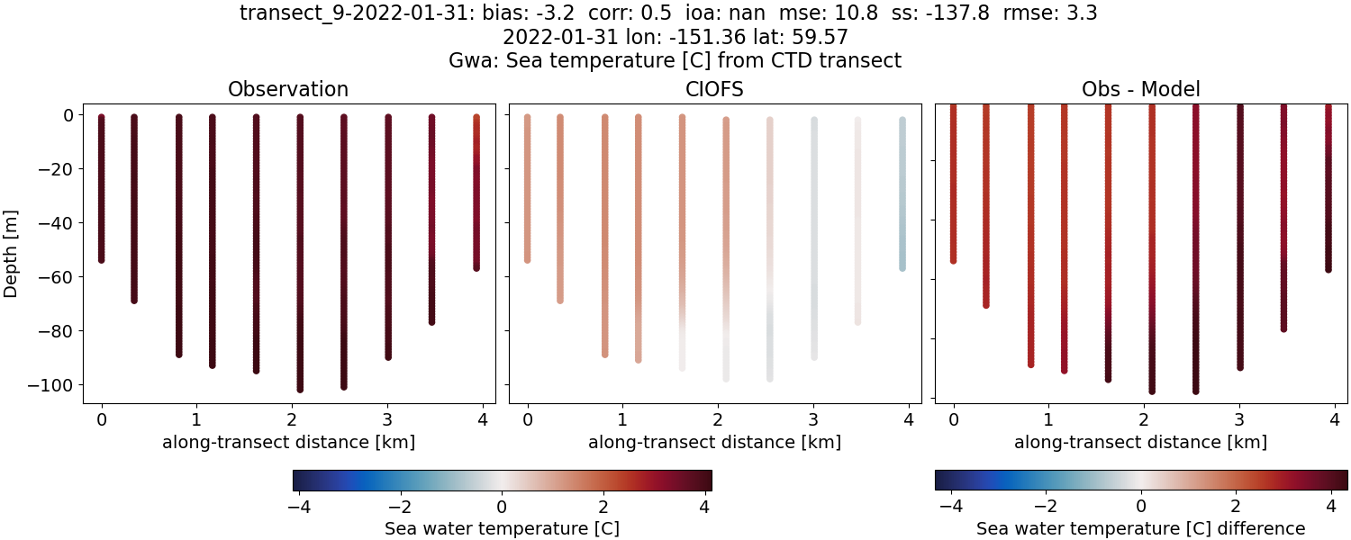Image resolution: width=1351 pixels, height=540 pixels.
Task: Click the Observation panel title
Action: tap(288, 89)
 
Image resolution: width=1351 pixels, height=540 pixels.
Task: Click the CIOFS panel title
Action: tap(715, 89)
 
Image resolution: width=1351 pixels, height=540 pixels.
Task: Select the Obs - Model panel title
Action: tap(1140, 89)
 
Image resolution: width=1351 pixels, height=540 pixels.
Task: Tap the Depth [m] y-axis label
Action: tap(12, 242)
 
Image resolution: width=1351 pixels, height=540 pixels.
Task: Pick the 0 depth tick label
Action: tap(68, 115)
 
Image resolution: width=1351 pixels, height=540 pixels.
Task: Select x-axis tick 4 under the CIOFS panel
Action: tap(908, 419)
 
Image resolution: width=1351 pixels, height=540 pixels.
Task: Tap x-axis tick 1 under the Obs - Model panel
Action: tap(1047, 419)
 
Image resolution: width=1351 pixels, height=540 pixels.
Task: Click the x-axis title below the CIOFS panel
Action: tap(715, 442)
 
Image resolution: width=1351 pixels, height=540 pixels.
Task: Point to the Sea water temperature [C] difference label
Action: tap(1140, 528)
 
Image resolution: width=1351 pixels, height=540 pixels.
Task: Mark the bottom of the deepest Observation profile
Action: tap(300, 390)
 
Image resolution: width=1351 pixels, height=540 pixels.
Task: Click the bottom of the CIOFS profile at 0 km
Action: tap(527, 260)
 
